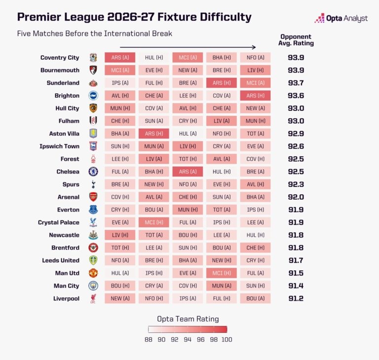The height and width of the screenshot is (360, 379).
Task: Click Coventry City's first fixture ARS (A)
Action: point(120,58)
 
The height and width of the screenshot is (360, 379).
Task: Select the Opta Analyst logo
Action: point(341,18)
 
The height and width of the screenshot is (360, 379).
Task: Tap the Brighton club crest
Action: point(93,96)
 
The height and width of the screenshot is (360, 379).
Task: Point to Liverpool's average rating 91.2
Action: point(296,298)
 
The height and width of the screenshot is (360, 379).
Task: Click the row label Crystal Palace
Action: point(59,222)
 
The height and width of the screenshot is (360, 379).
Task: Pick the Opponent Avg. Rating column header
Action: point(296,40)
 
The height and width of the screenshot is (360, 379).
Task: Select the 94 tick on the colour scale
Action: point(188,339)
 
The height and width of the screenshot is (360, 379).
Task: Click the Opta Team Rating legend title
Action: point(188,319)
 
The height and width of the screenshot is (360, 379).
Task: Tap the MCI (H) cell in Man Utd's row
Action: point(222,273)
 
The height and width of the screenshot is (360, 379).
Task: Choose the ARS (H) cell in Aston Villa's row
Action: point(154,134)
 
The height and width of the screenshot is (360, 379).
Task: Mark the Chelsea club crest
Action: point(93,172)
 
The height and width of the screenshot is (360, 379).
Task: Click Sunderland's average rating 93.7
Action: point(296,83)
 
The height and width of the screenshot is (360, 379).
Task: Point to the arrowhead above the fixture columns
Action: point(254,47)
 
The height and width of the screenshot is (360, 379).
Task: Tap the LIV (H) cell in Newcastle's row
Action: point(120,235)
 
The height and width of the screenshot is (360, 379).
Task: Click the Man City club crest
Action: point(93,286)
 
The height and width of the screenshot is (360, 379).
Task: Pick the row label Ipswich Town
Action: point(59,146)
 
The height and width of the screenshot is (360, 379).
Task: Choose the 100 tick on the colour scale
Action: point(227,339)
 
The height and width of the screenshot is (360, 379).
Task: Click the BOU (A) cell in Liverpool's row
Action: point(255,298)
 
